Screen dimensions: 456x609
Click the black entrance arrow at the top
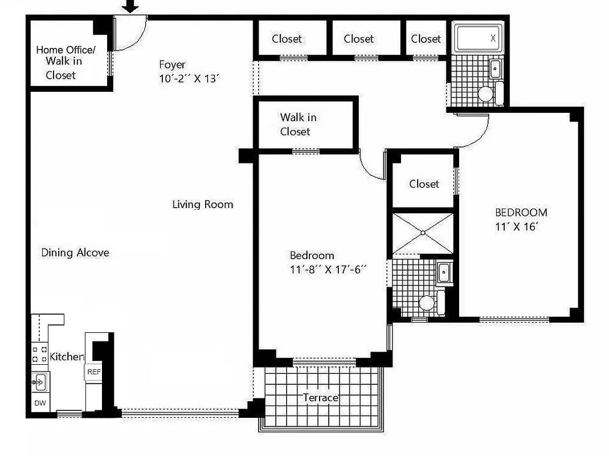click(x=132, y=6)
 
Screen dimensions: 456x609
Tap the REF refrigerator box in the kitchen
click(x=93, y=372)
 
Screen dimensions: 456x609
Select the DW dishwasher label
click(x=40, y=403)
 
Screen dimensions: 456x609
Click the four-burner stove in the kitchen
click(x=39, y=354)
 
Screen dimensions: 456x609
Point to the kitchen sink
click(x=39, y=381)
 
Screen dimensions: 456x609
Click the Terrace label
click(x=320, y=397)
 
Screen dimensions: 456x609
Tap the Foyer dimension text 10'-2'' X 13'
click(x=189, y=79)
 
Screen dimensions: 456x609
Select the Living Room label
click(x=202, y=204)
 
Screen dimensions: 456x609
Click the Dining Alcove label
click(x=75, y=253)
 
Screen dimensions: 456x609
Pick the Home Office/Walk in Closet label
click(x=65, y=62)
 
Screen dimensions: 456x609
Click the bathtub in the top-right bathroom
click(x=477, y=39)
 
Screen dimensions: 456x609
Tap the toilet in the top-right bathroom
click(x=485, y=93)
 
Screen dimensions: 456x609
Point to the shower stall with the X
click(x=423, y=233)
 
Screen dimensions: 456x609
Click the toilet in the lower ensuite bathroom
click(x=427, y=303)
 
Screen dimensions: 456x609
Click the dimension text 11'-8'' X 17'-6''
click(x=328, y=270)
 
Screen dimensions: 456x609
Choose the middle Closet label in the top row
click(x=358, y=39)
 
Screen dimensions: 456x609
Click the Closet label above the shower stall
click(x=424, y=184)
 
